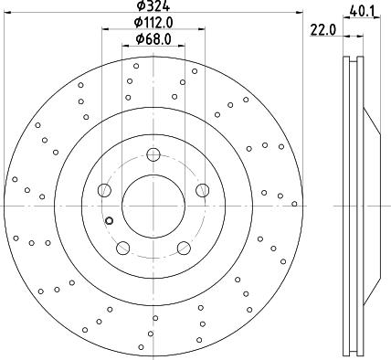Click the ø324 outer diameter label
[x=153, y=6]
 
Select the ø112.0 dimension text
[x=153, y=22]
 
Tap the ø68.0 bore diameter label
[x=153, y=38]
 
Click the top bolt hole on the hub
[x=153, y=154]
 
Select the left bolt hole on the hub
[x=104, y=190]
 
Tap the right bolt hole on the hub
[x=202, y=190]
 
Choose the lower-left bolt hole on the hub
[x=122, y=247]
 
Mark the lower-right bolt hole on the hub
[x=184, y=247]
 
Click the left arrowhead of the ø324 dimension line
[x=10, y=14]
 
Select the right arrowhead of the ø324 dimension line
[x=296, y=14]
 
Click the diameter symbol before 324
[x=139, y=6]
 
